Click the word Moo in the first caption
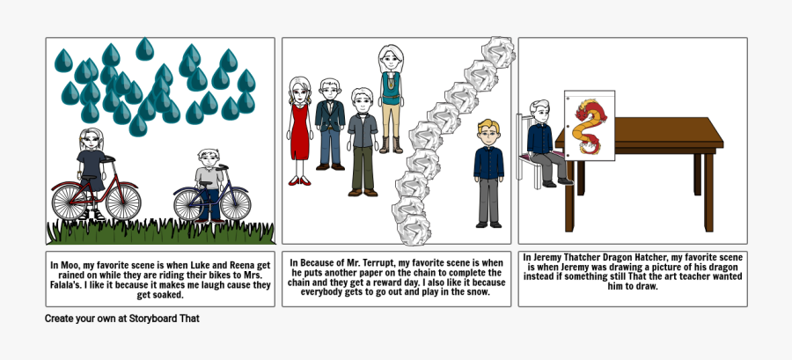click(73, 263)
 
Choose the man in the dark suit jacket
click(330, 123)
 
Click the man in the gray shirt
click(362, 141)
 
